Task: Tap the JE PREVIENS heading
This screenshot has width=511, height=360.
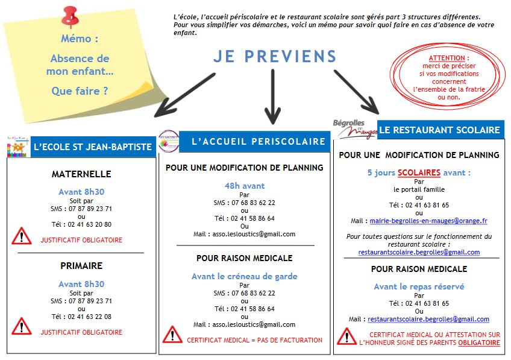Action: (275, 57)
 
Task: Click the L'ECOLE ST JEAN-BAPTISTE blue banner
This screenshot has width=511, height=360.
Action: (92, 147)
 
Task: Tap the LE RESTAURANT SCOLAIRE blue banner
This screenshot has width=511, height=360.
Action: (440, 130)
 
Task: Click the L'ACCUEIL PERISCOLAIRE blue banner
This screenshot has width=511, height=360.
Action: (258, 142)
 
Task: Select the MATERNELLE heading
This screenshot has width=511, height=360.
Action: (81, 174)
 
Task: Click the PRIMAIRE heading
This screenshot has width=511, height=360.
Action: (81, 265)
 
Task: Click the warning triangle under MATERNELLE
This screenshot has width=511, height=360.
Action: (22, 236)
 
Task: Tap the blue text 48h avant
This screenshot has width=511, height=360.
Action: (245, 186)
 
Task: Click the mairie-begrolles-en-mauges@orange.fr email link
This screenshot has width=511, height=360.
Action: (428, 221)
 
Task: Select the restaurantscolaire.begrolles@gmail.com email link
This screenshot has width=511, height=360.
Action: (428, 319)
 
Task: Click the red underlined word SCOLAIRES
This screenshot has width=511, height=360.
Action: (419, 172)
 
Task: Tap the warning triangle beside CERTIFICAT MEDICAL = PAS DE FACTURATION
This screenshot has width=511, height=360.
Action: (172, 335)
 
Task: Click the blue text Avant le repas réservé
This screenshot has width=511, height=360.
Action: (419, 286)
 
